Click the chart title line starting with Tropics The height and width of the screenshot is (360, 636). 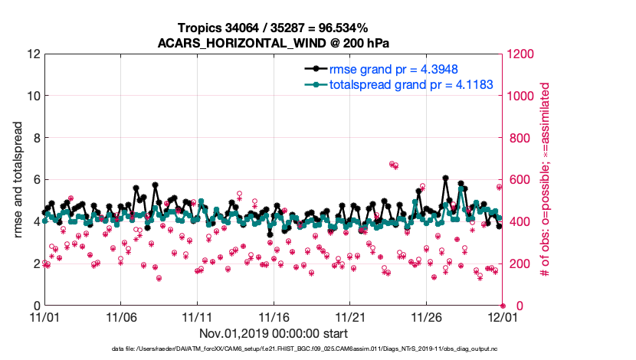tap(274, 28)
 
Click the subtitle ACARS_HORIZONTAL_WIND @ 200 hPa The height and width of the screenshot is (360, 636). tap(274, 42)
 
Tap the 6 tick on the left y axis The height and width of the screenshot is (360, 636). tap(35, 180)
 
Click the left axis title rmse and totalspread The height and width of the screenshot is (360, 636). tap(18, 180)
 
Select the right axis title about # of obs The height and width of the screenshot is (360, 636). tap(545, 180)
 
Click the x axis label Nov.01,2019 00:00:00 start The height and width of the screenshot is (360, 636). tap(274, 333)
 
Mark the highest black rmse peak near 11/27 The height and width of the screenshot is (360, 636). tap(445, 177)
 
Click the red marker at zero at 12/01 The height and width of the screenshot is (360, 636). tap(503, 306)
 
